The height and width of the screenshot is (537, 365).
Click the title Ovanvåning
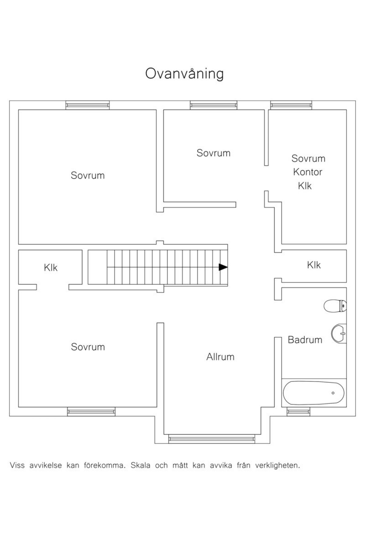click(x=184, y=73)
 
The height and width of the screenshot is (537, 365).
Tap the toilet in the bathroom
click(x=335, y=306)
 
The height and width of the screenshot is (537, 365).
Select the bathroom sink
click(x=339, y=334)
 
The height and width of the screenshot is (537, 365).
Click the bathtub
click(x=314, y=393)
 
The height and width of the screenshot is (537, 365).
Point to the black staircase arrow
click(x=223, y=267)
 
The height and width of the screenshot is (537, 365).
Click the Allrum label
click(x=220, y=357)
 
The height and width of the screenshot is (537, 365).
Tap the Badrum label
click(x=305, y=340)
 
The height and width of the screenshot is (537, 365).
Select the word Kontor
click(x=308, y=172)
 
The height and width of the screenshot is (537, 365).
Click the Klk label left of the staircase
click(x=50, y=268)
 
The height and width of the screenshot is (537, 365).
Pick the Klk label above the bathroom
click(x=314, y=265)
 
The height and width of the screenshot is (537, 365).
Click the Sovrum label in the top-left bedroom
click(x=88, y=175)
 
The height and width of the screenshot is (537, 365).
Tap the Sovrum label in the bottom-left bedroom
click(x=88, y=347)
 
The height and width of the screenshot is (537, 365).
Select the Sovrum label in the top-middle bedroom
click(x=213, y=153)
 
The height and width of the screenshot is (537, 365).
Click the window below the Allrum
click(x=212, y=439)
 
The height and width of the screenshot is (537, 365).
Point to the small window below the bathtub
click(x=299, y=412)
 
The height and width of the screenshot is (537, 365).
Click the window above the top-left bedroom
click(x=88, y=105)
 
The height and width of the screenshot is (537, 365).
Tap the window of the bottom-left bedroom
click(x=91, y=412)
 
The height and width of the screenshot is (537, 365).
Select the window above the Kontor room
click(x=291, y=105)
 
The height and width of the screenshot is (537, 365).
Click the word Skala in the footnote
click(x=141, y=465)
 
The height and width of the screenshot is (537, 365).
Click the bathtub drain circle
click(x=333, y=393)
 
